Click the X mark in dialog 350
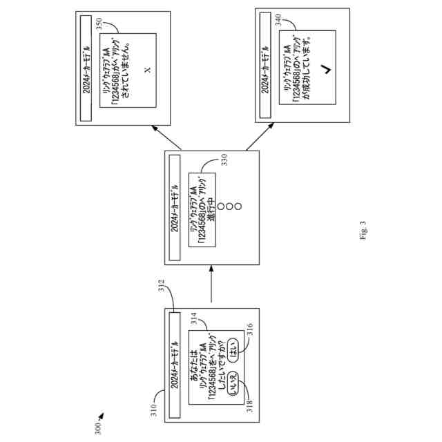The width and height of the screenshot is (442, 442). click(146, 70)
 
